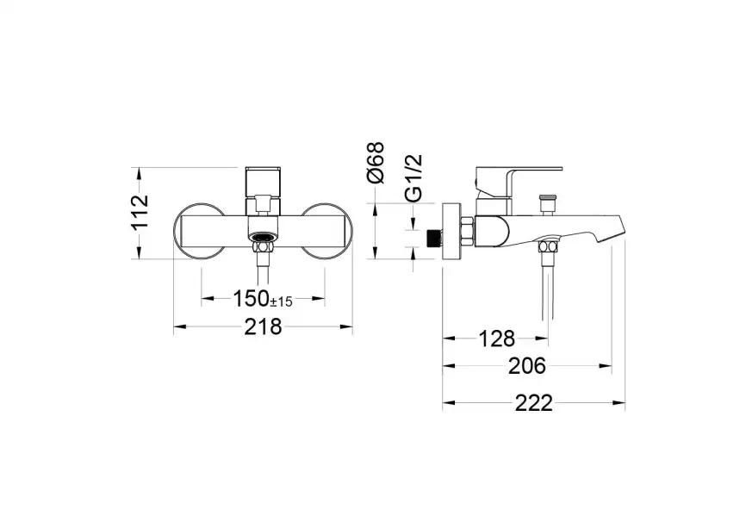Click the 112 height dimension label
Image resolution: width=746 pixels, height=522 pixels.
tap(140, 212)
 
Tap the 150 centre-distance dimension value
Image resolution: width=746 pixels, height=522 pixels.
tap(252, 299)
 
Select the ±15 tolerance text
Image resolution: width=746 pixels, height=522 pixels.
tap(282, 301)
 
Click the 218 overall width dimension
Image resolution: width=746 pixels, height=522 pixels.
tap(263, 327)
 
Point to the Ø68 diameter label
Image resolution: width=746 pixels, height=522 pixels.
tap(376, 162)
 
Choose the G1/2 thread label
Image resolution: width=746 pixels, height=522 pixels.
tap(413, 177)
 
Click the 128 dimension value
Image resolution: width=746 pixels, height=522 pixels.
tap(496, 339)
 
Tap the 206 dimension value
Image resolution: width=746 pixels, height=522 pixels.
tap(526, 366)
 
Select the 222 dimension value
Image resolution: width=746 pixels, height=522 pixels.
tap(533, 403)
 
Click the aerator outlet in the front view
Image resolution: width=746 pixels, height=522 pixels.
tap(263, 237)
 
